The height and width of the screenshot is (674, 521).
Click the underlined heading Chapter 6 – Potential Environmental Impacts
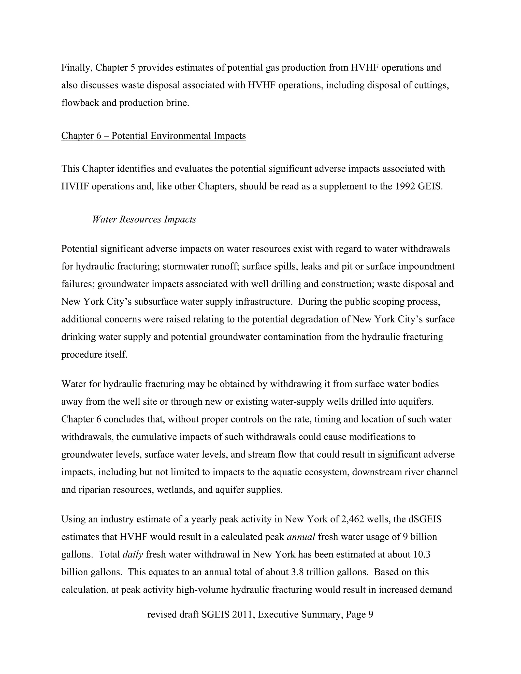point(153,136)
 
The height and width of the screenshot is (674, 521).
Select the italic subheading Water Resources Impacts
point(144,219)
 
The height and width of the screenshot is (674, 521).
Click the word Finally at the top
point(77,68)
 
